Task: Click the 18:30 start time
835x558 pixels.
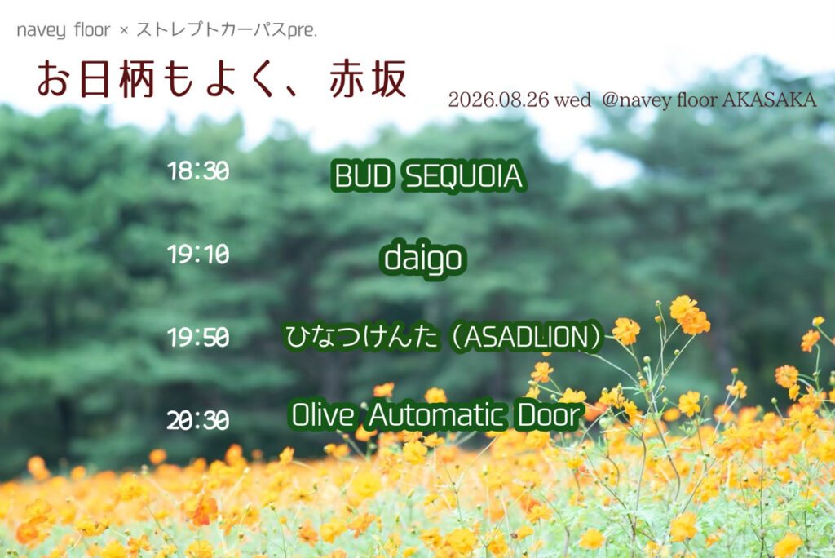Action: pyautogui.click(x=198, y=171)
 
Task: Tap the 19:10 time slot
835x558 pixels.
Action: pyautogui.click(x=198, y=255)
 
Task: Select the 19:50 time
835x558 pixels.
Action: pyautogui.click(x=198, y=338)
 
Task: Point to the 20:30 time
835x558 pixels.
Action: pyautogui.click(x=198, y=420)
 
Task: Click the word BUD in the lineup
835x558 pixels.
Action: pyautogui.click(x=363, y=176)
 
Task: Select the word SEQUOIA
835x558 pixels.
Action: pyautogui.click(x=464, y=176)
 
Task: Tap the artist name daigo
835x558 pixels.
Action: pyautogui.click(x=423, y=259)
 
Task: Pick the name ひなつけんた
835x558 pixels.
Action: pyautogui.click(x=362, y=337)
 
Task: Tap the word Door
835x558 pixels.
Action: pyautogui.click(x=549, y=415)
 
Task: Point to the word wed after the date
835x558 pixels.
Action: pyautogui.click(x=572, y=100)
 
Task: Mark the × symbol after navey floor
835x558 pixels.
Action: pyautogui.click(x=124, y=31)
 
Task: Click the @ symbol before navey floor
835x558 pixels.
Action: pyautogui.click(x=609, y=100)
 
